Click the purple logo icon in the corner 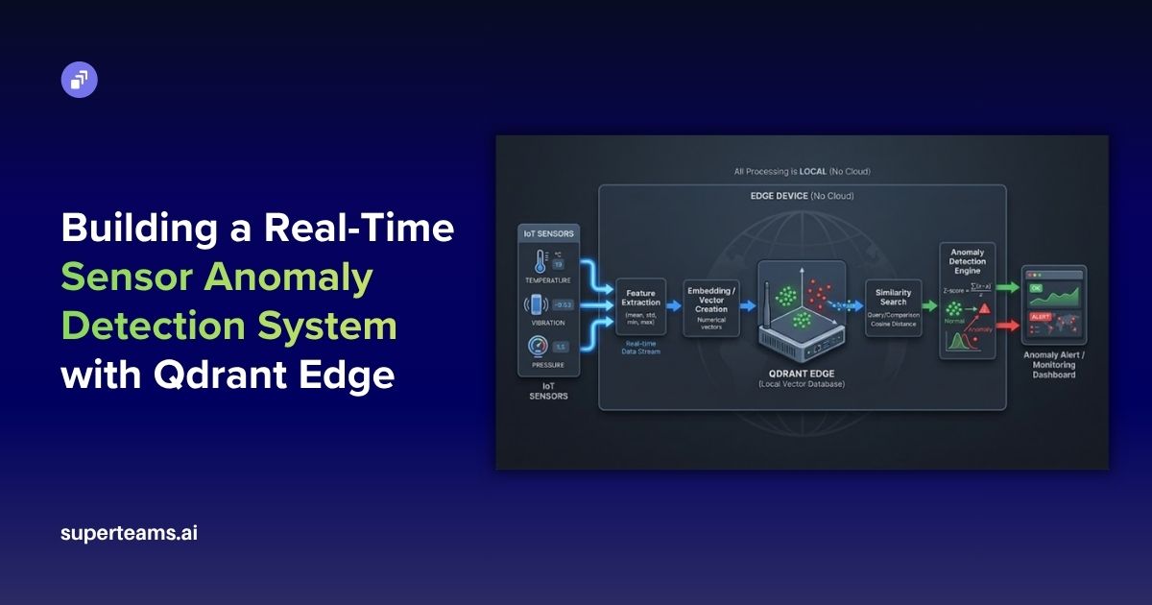80,80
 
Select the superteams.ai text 129,533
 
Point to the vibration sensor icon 535,304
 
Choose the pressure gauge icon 536,347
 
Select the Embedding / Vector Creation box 711,307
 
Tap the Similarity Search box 893,307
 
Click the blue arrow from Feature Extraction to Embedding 675,305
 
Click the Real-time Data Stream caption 640,347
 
